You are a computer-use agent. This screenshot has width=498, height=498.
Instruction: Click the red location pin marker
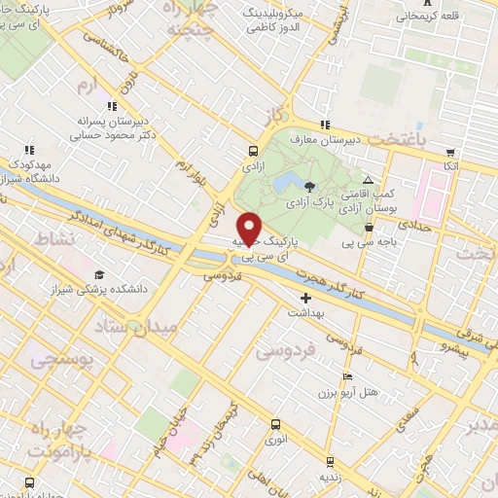coord(250,228)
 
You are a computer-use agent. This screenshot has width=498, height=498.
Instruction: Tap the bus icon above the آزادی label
coord(253,151)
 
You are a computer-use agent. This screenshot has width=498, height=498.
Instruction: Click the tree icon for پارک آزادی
coord(309,186)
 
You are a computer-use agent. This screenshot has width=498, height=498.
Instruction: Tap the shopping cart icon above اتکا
coord(450,153)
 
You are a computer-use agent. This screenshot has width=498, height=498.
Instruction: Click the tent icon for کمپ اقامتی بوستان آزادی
coord(368,181)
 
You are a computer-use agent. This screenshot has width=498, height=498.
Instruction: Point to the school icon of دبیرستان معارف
coord(325,124)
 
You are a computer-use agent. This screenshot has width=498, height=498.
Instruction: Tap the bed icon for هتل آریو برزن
coord(348,376)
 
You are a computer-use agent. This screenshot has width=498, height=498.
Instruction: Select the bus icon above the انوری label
coord(275,424)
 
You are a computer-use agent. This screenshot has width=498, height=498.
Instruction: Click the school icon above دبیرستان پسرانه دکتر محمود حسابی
coord(113,106)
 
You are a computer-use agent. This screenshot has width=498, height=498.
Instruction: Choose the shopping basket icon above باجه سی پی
coord(369,228)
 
